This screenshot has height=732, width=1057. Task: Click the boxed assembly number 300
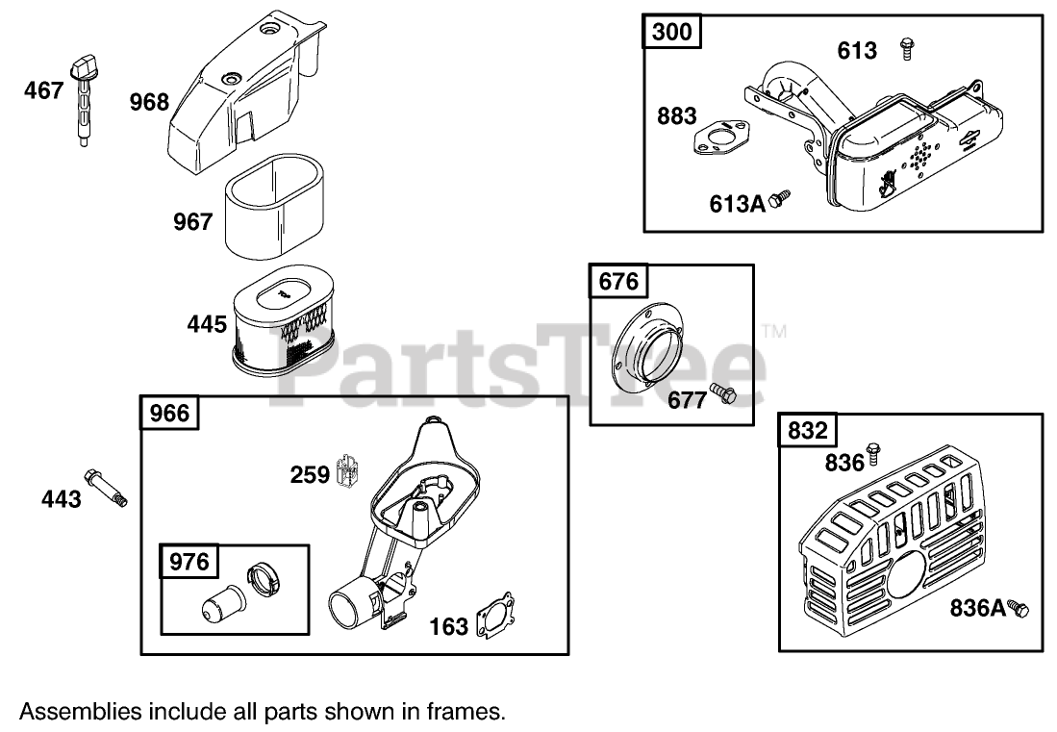tap(671, 32)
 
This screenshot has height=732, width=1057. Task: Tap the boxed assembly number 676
tap(617, 282)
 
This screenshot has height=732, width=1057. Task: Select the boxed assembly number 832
tap(807, 431)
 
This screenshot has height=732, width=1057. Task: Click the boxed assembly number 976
tap(189, 561)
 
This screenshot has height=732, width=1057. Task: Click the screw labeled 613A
tap(784, 198)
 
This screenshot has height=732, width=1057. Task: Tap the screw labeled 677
tap(723, 392)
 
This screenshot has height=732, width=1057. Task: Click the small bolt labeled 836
tap(873, 449)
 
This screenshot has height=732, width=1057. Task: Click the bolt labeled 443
tap(105, 486)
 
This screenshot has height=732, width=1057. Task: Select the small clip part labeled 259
tap(348, 468)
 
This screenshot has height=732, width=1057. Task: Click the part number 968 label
tap(149, 102)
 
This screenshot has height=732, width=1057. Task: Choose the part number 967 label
tap(192, 222)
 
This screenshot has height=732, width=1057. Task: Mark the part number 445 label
tap(207, 324)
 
